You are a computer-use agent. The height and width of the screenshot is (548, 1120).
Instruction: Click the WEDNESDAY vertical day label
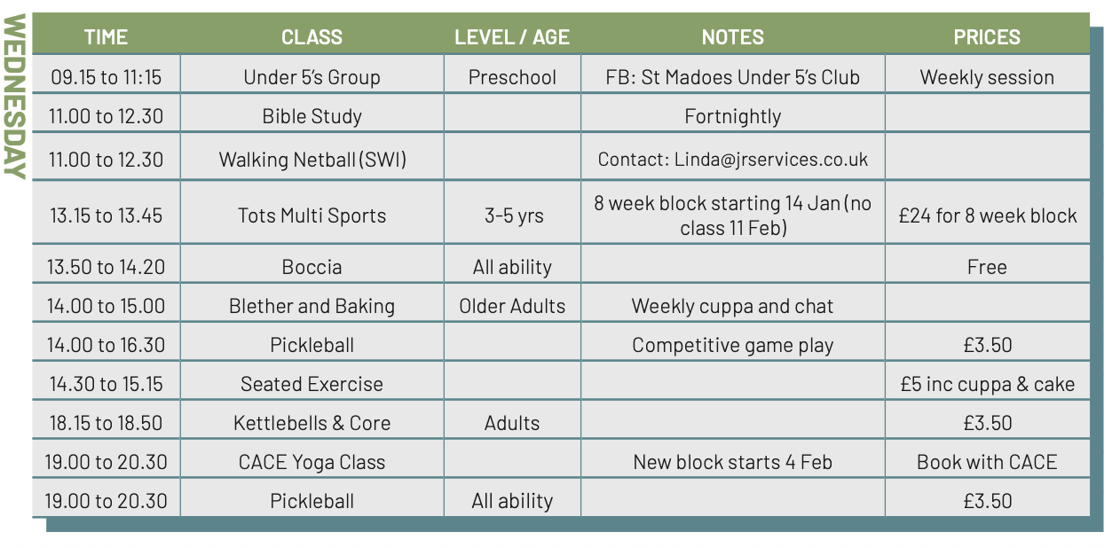click(15, 96)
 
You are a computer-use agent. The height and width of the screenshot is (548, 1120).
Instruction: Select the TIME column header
click(106, 37)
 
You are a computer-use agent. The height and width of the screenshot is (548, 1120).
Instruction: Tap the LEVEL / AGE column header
click(512, 37)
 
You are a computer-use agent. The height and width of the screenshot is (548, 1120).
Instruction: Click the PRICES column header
click(987, 37)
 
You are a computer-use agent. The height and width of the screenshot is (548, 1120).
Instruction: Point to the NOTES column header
click(732, 37)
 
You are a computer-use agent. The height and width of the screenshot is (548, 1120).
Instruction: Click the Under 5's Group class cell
click(312, 77)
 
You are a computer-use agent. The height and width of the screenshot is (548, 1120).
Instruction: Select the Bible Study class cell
click(312, 116)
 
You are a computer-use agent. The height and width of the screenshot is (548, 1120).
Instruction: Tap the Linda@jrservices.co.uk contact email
click(770, 160)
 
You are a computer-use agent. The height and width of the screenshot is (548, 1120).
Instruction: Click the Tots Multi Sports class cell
click(312, 215)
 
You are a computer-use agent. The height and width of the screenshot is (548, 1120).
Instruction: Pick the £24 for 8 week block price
click(988, 215)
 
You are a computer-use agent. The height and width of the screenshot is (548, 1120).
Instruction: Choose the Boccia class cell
click(312, 267)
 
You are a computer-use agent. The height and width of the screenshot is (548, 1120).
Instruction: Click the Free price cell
click(987, 267)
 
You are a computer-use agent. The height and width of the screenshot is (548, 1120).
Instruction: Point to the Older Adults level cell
click(512, 306)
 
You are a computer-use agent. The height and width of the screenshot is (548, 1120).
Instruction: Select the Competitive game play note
click(732, 346)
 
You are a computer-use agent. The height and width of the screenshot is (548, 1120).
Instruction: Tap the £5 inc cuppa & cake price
click(988, 384)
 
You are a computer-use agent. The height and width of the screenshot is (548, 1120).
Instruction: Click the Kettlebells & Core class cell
click(312, 423)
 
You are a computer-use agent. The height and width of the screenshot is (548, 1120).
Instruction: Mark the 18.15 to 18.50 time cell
click(106, 423)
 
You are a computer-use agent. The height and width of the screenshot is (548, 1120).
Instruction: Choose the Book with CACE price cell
click(987, 462)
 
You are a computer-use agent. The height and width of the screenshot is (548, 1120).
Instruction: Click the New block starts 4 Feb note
click(732, 462)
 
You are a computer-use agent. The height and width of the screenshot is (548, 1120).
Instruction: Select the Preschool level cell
click(512, 77)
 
